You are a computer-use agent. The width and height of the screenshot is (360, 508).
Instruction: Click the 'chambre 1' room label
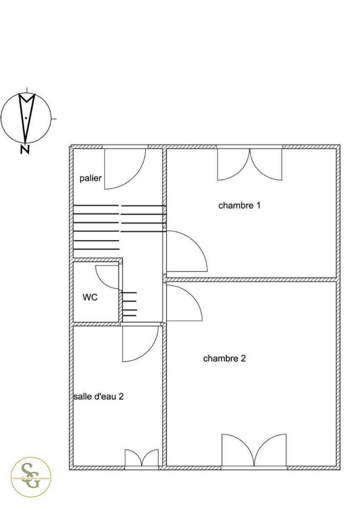(x=239, y=206)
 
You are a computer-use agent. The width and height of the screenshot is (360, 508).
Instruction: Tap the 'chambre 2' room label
(x=224, y=359)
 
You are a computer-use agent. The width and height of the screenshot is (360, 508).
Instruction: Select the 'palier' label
(x=91, y=178)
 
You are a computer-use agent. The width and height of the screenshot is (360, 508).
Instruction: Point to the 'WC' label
(x=90, y=298)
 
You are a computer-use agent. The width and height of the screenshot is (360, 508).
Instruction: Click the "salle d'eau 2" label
(x=98, y=397)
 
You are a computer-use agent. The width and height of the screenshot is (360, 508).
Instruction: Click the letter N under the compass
(x=25, y=149)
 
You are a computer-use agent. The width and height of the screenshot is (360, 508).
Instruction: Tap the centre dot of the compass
(x=26, y=118)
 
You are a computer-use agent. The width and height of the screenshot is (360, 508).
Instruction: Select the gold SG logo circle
(x=31, y=477)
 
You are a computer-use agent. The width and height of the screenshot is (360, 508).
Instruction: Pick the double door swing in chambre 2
(x=254, y=450)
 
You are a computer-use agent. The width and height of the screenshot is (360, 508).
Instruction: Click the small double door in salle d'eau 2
(x=141, y=458)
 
